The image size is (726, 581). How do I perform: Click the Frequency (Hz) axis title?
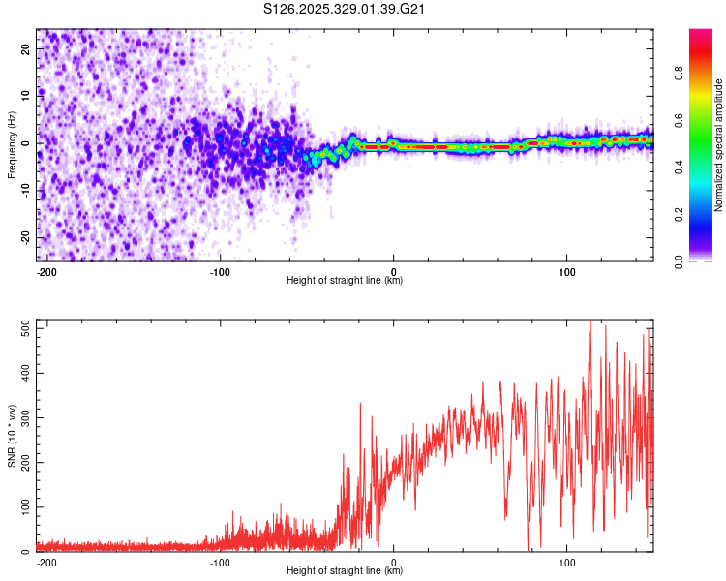[x=12, y=145]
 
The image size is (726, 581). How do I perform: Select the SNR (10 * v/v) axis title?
[x=12, y=435]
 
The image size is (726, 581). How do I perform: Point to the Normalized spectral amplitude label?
[x=718, y=145]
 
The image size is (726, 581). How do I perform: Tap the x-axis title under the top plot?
[x=345, y=281]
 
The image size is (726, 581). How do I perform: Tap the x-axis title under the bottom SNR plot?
[x=345, y=571]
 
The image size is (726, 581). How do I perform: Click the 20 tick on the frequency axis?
[x=27, y=48]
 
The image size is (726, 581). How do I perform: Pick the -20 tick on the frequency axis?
[x=25, y=237]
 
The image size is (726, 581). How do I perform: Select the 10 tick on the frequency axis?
[x=27, y=95]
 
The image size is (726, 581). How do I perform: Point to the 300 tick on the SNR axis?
[x=23, y=417]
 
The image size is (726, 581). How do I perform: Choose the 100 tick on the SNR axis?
[x=23, y=507]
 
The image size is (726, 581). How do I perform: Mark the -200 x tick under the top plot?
[x=45, y=269]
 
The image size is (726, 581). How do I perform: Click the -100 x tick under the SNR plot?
[x=220, y=561]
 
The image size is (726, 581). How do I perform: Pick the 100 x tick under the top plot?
[x=567, y=269]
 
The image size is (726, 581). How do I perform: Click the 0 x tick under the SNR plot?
[x=394, y=561]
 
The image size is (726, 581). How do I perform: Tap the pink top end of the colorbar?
[x=701, y=34]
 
